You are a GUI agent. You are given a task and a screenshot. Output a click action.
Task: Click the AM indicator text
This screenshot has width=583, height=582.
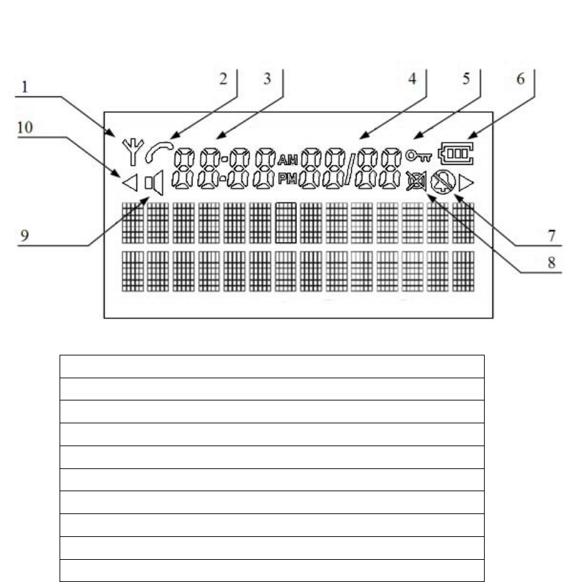pyautogui.click(x=287, y=159)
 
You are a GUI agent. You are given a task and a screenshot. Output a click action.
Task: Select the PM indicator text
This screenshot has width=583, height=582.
pyautogui.click(x=287, y=179)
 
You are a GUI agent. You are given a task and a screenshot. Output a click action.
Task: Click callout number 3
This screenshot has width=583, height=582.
pyautogui.click(x=267, y=79)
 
